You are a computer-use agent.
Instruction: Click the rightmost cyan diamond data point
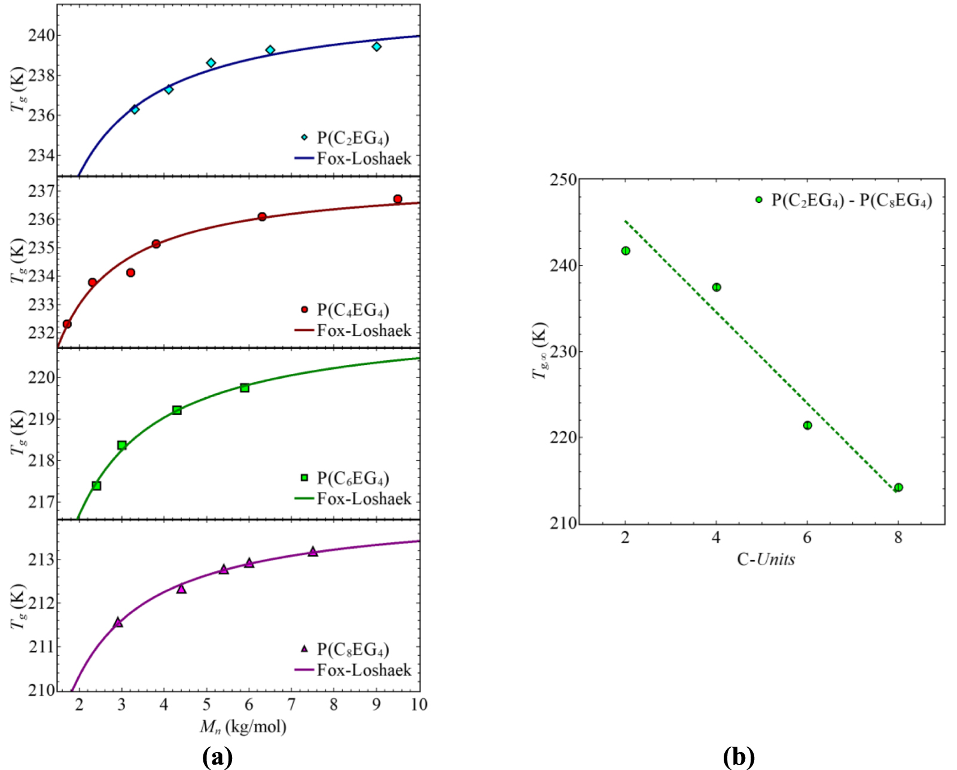tap(376, 47)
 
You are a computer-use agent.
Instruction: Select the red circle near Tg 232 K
tap(67, 324)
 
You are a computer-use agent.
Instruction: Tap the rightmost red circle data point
tap(398, 199)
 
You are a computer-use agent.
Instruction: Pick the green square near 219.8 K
tap(245, 388)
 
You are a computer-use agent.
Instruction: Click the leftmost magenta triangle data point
tap(118, 622)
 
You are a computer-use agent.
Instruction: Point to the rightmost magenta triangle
tap(313, 552)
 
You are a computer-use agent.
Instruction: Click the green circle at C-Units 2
tap(626, 251)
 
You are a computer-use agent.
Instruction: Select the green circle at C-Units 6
tap(807, 425)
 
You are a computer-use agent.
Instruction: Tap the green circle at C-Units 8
tap(898, 488)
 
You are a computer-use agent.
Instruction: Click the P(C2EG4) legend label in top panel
tap(353, 138)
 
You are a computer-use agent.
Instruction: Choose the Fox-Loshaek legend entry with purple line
tap(364, 670)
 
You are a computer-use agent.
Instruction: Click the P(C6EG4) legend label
tap(353, 478)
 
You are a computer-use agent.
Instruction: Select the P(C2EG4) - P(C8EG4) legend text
tap(851, 200)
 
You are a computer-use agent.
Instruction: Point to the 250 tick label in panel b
tap(563, 179)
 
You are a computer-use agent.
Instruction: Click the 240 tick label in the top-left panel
tap(42, 35)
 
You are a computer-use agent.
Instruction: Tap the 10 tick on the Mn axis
tap(419, 704)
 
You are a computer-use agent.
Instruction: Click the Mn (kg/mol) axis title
tap(243, 727)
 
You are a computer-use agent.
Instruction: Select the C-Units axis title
tap(766, 559)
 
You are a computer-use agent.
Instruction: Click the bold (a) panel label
tap(217, 757)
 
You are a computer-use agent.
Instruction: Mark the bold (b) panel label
tap(739, 757)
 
